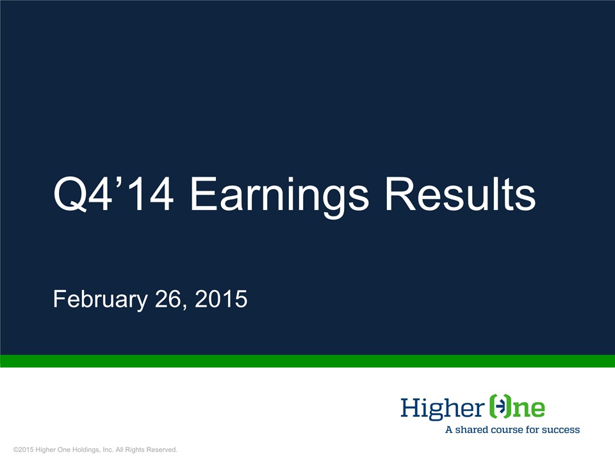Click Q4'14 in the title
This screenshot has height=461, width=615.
(113, 194)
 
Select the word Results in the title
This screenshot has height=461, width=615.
(461, 194)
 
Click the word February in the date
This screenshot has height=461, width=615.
(101, 300)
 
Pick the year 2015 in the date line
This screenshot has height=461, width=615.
(221, 299)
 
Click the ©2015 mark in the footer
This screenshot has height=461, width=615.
(24, 449)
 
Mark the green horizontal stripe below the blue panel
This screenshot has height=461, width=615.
(307, 361)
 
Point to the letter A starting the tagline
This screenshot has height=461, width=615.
(449, 430)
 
